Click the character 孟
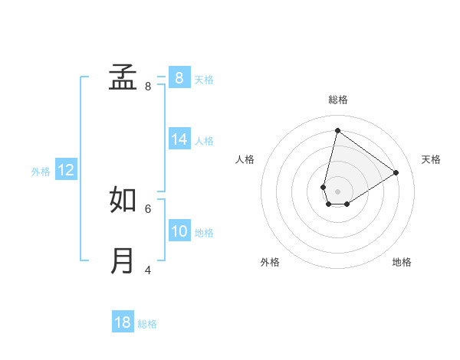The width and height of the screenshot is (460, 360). (x=123, y=77)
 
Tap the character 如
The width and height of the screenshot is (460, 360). (x=123, y=199)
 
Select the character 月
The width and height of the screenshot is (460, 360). (x=123, y=260)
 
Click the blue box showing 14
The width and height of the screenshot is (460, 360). (x=179, y=139)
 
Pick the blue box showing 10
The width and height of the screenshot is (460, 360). (x=179, y=231)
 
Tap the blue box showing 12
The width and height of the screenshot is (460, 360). (x=66, y=171)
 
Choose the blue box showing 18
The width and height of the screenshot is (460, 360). (x=123, y=322)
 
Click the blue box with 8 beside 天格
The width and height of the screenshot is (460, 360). (x=179, y=77)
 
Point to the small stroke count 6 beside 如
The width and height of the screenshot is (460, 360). (x=148, y=208)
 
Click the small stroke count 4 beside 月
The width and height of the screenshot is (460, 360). (x=148, y=270)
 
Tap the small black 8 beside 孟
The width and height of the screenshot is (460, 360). (x=148, y=87)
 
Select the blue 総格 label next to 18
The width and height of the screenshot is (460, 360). (x=147, y=324)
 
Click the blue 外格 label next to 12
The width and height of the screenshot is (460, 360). (x=41, y=172)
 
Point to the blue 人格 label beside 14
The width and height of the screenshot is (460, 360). (x=204, y=141)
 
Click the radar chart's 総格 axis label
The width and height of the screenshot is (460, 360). (x=338, y=100)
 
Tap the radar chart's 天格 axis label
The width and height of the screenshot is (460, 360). (x=432, y=159)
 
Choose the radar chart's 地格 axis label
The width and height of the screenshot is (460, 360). (x=402, y=262)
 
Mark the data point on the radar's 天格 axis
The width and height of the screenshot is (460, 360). (x=396, y=172)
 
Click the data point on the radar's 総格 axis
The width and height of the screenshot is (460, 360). (x=337, y=130)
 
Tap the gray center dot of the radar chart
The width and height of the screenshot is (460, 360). (x=338, y=191)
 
